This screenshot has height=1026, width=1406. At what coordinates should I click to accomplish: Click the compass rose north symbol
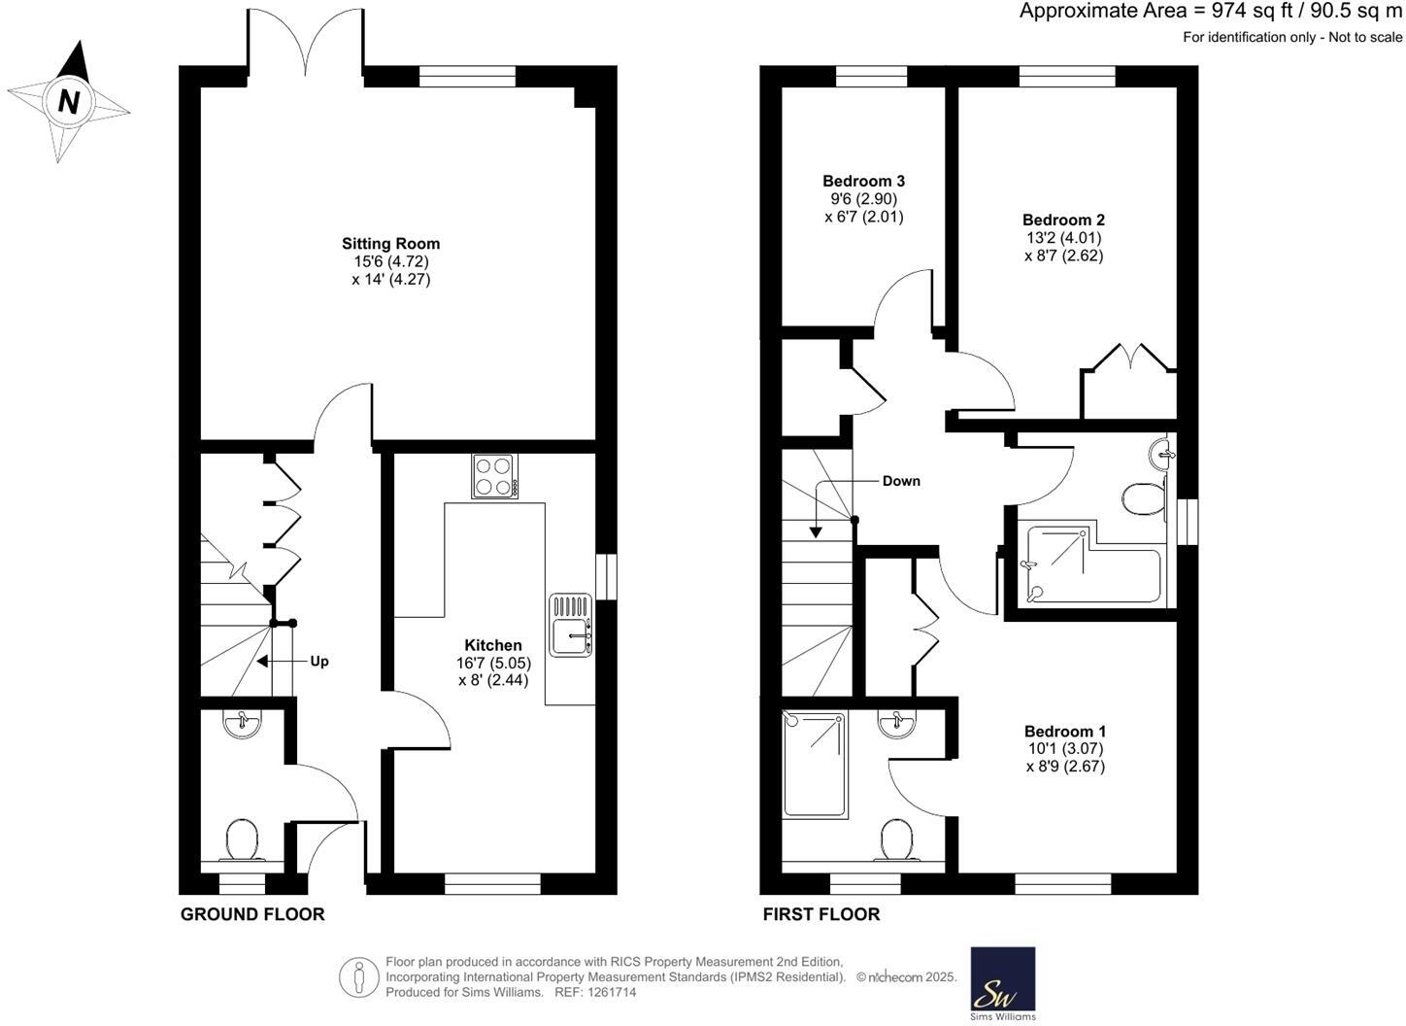[x=68, y=102]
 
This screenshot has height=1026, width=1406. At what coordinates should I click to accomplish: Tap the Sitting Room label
[x=390, y=244]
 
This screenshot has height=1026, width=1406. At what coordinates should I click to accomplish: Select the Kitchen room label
[x=492, y=645]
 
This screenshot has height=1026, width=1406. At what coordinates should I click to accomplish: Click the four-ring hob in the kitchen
[x=494, y=476]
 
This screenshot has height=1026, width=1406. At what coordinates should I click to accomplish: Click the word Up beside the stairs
[x=318, y=662]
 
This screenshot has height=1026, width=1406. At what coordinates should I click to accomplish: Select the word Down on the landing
[x=900, y=481]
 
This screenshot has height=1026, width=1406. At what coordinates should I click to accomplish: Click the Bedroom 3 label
[x=863, y=181]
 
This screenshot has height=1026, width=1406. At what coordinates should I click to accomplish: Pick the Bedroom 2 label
[x=1063, y=221]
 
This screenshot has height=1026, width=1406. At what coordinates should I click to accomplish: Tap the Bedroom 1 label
[x=1064, y=732]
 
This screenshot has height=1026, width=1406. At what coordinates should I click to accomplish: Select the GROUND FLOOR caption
[x=252, y=914]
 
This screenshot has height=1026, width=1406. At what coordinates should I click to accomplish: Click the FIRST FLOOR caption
[x=820, y=914]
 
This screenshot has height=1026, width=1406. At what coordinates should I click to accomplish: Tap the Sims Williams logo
[x=1003, y=983]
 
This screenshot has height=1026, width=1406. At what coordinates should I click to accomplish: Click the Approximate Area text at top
[x=1210, y=12]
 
